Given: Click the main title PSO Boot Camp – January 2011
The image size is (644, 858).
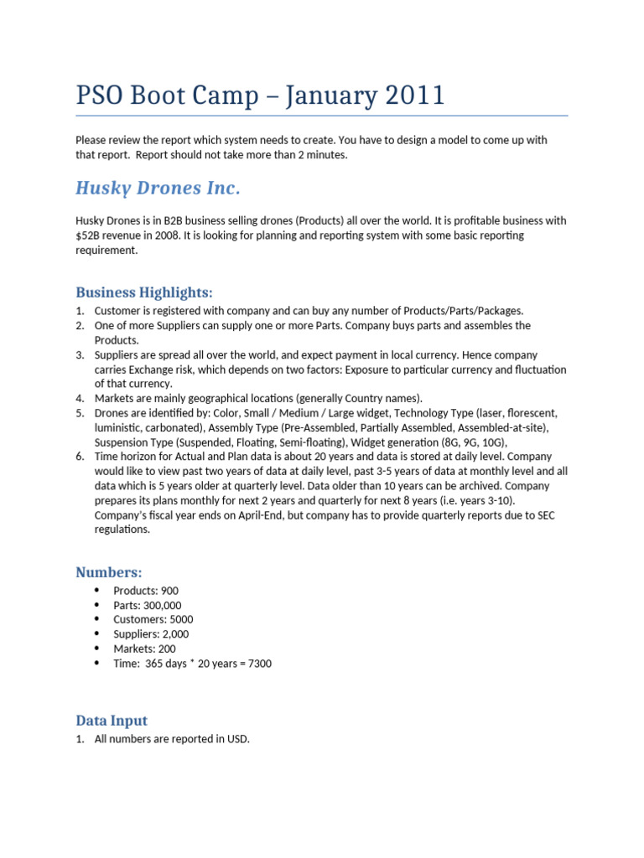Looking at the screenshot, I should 260,96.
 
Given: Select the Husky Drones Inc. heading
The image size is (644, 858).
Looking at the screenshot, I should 158,187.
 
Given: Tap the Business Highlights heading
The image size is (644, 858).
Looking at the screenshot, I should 144,292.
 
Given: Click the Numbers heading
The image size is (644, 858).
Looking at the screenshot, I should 109,572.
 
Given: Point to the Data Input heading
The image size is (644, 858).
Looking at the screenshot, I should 112,720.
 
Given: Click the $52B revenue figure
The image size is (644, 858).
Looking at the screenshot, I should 91,235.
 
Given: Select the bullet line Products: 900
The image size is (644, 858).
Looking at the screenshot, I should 146,591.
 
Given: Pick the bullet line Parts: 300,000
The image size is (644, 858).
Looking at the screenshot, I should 147,605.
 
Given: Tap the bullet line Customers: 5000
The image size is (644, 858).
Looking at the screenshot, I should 153,619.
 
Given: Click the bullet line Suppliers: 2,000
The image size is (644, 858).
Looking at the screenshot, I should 151,634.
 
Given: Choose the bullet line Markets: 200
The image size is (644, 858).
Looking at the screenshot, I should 144,649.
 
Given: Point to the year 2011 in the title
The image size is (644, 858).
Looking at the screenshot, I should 406,96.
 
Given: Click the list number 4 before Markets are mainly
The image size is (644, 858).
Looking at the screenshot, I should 80,398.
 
